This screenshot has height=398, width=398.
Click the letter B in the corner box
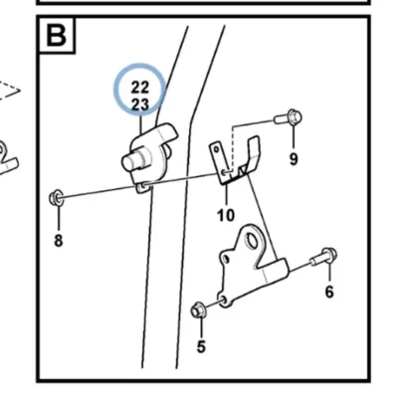57,35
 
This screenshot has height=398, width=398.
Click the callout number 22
140,88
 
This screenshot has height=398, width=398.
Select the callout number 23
140,104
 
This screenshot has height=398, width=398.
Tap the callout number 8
59,241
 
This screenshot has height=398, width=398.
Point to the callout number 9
294,159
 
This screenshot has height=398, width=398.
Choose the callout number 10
226,215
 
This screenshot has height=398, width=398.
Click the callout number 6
329,292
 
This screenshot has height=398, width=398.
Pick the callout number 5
201,346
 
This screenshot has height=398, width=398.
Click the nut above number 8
57,198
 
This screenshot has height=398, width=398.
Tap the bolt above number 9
289,117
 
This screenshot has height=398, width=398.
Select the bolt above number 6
324,257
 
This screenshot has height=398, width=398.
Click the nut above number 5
199,310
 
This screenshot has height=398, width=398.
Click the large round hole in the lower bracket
252,241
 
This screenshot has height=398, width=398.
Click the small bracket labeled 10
234,160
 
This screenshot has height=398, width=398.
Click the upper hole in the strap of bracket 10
217,149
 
